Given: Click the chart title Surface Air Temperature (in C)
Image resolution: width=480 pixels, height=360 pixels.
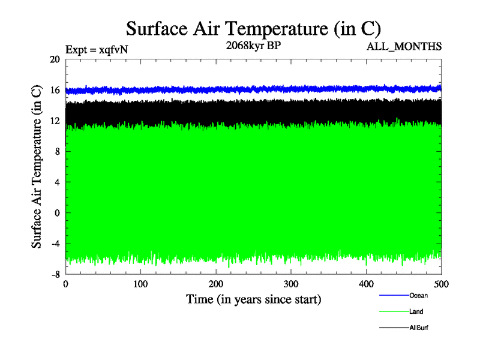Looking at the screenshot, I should tap(253, 29).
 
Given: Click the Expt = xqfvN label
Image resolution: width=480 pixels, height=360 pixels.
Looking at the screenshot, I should tap(96, 50).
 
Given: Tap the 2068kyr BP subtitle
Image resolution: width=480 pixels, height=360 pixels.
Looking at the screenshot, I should tap(253, 45).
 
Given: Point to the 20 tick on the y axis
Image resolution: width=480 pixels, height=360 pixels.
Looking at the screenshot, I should tap(55, 59).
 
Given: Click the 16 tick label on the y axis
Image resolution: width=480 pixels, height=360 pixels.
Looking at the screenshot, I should tap(55, 90).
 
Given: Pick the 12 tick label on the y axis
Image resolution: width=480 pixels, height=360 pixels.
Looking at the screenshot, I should tap(55, 121).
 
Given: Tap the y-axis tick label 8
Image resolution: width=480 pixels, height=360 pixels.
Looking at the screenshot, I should tap(57, 152).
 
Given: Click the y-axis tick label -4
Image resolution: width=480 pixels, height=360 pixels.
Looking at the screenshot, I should tap(55, 244).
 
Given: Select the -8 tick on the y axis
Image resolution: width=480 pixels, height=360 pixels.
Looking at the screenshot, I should tap(55, 274).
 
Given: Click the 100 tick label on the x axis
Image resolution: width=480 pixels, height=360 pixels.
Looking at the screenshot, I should tap(140, 284).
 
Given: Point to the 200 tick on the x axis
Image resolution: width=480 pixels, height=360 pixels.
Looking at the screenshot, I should tap(216, 284).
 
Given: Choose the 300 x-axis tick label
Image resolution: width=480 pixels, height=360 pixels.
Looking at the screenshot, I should tap(291, 284).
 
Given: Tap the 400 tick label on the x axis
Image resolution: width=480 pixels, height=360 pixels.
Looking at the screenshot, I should tap(366, 284).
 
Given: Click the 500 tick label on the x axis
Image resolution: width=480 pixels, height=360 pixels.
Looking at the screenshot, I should tap(441, 284).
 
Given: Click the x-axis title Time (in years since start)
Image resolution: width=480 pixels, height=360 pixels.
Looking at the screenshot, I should tap(253, 299).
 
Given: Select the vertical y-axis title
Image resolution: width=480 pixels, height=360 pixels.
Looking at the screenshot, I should tap(37, 167).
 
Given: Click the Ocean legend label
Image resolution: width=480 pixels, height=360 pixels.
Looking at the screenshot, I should tap(418, 295).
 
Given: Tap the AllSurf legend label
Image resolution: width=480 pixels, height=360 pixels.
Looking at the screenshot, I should tap(419, 328).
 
